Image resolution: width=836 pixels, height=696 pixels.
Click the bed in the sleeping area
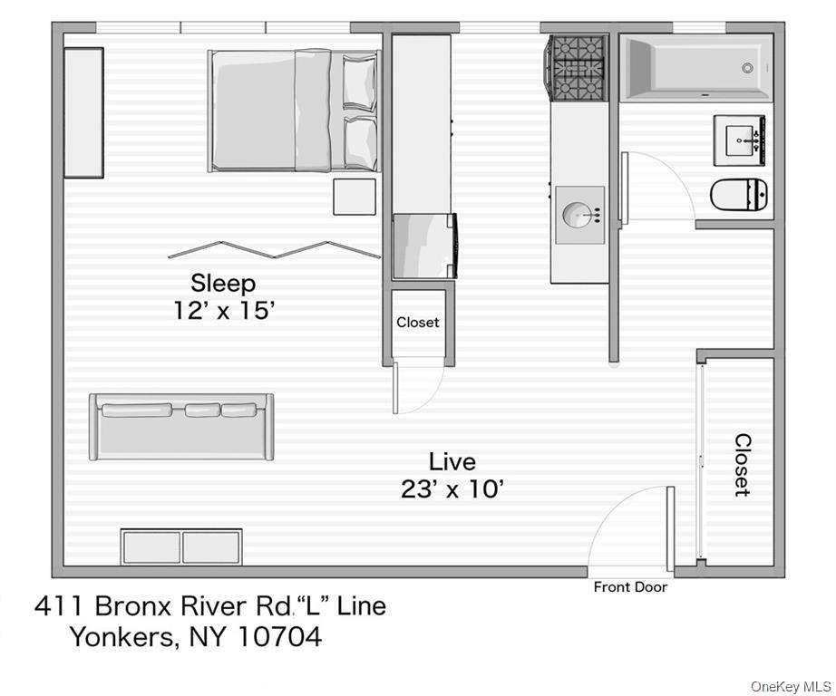coord(293,110)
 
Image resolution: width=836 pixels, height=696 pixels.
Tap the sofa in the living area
coord(180,426)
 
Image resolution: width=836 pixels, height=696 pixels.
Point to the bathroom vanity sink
coord(742,140)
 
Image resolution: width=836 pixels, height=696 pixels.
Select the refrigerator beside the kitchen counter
coord(423,245)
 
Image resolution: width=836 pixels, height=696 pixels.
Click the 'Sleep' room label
coord(222,283)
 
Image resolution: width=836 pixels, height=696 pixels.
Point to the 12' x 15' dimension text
coord(224,310)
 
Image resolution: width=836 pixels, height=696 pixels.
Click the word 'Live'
coord(452,461)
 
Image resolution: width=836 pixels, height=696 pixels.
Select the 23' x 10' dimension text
coord(452,489)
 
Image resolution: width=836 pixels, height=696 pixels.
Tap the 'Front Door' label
coord(630,587)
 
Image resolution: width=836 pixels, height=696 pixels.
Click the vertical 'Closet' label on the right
coord(742,464)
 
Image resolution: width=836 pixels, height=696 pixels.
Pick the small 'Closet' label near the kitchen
coord(417,322)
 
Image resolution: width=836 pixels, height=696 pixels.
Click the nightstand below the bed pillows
coord(354,197)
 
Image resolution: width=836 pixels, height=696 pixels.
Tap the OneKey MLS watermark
coord(791,685)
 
